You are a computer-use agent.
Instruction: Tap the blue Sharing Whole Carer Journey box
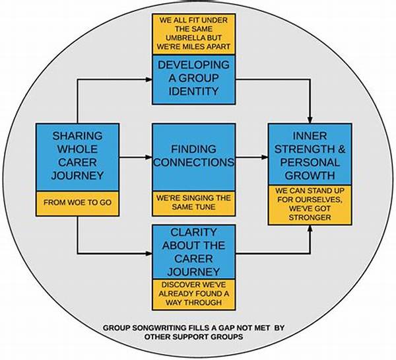tap(77, 157)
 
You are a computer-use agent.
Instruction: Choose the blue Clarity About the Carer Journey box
tap(194, 252)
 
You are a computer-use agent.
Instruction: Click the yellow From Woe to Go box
tap(77, 203)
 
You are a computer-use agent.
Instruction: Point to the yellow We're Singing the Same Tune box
tap(194, 203)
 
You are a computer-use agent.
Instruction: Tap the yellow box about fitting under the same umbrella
tap(194, 34)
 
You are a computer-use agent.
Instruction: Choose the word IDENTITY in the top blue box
tap(194, 91)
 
